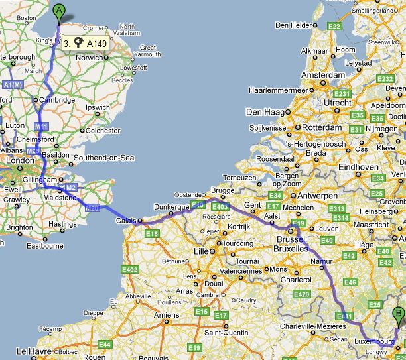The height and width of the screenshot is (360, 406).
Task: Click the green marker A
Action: click(60, 12)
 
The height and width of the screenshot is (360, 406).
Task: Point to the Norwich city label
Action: click(90, 58)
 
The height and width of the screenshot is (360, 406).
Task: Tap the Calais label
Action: click(127, 221)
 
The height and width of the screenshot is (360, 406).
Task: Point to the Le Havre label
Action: click(30, 351)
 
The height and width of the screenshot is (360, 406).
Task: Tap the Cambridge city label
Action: click(56, 100)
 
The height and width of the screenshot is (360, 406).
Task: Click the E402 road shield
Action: click(129, 269)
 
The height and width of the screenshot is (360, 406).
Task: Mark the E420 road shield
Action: click(301, 294)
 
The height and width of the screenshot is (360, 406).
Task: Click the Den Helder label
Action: click(293, 25)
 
